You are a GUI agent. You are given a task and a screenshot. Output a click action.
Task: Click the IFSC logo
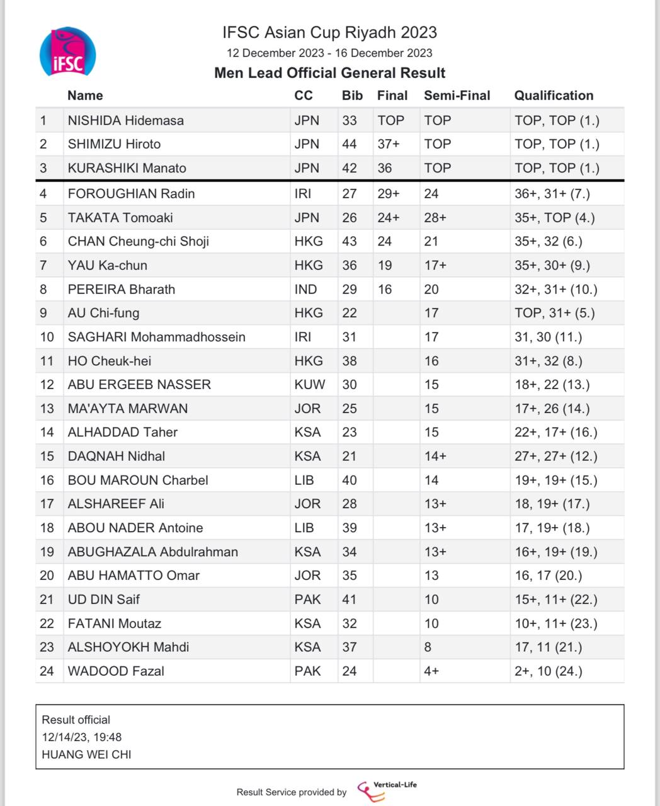pos(67,52)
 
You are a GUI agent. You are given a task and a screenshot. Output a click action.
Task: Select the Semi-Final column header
pos(457,96)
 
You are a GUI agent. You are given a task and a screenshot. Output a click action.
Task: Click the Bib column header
pos(352,96)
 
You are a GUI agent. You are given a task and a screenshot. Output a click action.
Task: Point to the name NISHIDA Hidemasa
pos(125,120)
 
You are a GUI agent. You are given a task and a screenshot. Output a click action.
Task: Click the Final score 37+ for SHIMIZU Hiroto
pos(389,144)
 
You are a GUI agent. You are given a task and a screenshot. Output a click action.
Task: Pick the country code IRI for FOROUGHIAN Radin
pos(302,193)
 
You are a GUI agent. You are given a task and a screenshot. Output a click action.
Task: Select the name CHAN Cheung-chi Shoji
pos(138,241)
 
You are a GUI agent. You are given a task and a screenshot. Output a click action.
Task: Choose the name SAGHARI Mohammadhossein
pos(156,337)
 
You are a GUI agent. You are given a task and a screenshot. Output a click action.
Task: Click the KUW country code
pos(309,384)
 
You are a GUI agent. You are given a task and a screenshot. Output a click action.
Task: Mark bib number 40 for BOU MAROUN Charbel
pos(349,480)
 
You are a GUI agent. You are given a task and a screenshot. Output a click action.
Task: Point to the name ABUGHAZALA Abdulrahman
pos(152,552)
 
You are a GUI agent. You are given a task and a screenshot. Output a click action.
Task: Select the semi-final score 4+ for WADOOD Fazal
pos(431,671)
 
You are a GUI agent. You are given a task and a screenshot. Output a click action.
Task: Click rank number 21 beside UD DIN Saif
pos(47,599)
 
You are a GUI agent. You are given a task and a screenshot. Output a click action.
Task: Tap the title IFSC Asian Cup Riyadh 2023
pos(329,32)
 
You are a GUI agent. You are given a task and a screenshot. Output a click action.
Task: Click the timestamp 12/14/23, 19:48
pos(82,737)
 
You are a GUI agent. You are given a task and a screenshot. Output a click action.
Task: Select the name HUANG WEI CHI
pos(86,754)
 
